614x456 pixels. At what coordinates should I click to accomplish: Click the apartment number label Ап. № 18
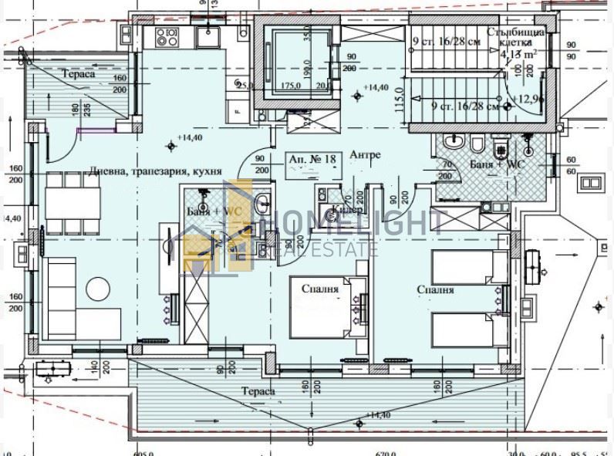314,158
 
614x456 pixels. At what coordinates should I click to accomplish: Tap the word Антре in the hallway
365,155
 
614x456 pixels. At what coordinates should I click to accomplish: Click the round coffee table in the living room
98,289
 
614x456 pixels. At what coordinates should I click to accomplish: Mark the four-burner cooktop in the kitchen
167,35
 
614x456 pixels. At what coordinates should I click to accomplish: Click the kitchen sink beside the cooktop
208,34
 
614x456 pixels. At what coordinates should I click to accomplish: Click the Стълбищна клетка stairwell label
518,38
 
